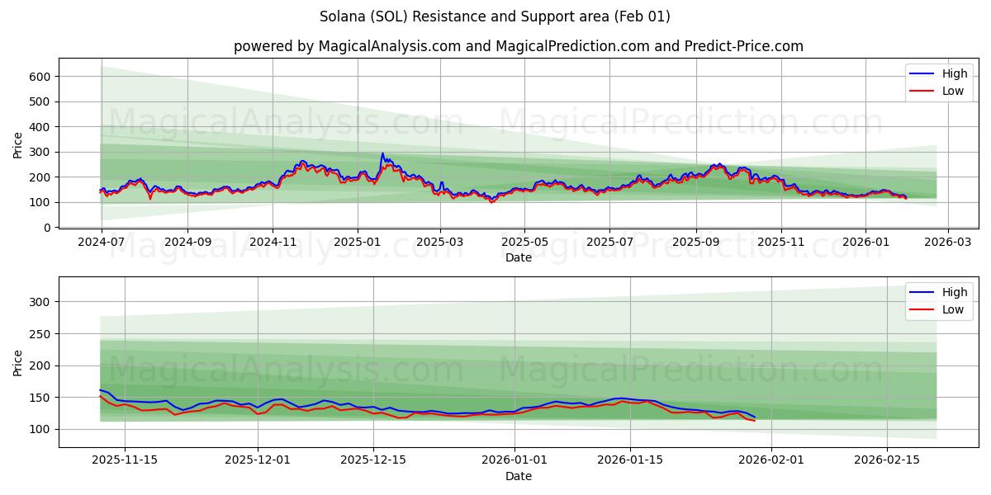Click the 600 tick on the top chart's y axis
coord(40,77)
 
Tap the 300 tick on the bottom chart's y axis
coord(40,302)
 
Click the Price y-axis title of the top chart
coord(18,145)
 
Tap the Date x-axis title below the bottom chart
coord(519,476)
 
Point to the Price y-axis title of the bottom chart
coord(18,363)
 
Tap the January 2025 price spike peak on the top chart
coord(382,153)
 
